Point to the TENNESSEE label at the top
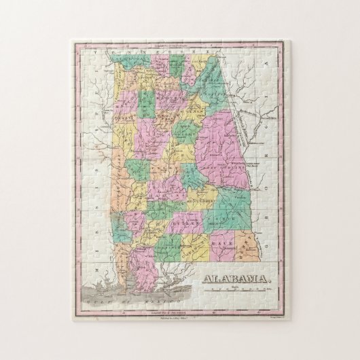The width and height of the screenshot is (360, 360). [156, 52]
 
